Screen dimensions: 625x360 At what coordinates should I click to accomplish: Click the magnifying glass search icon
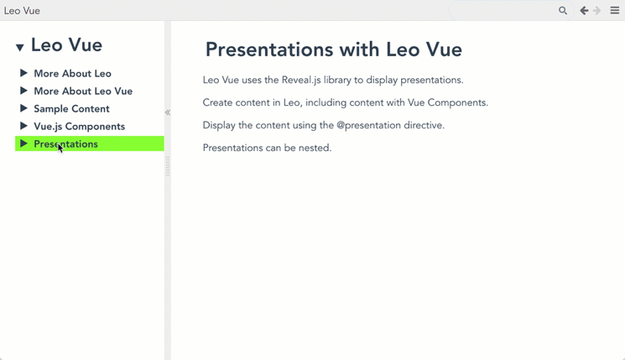[x=562, y=11]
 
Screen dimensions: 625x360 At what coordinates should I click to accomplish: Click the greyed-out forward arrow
[x=596, y=11]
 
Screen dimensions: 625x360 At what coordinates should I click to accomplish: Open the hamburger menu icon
[x=615, y=11]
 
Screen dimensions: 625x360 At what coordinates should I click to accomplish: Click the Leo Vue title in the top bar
[x=22, y=11]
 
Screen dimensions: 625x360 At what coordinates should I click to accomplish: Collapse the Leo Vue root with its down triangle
[x=20, y=48]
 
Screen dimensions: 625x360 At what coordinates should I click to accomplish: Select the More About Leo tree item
[x=72, y=73]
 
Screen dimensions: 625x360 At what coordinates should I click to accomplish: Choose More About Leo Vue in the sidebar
[x=83, y=91]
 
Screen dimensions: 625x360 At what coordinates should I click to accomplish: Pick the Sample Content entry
[x=72, y=109]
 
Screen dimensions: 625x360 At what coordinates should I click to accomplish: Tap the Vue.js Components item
[x=80, y=127]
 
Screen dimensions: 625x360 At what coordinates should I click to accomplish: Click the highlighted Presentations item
[x=65, y=144]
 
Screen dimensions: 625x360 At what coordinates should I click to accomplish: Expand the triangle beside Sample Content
[x=24, y=108]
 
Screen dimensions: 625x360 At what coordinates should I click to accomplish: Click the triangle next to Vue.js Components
[x=24, y=126]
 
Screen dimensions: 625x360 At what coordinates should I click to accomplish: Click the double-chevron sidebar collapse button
[x=168, y=112]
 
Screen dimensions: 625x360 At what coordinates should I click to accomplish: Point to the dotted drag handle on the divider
[x=168, y=166]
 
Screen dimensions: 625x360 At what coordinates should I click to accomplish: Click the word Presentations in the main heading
[x=269, y=50]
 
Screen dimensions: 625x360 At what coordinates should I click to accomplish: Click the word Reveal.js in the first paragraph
[x=301, y=80]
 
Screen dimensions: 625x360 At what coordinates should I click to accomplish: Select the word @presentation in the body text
[x=368, y=125]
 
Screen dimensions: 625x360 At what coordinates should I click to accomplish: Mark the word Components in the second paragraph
[x=458, y=103]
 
